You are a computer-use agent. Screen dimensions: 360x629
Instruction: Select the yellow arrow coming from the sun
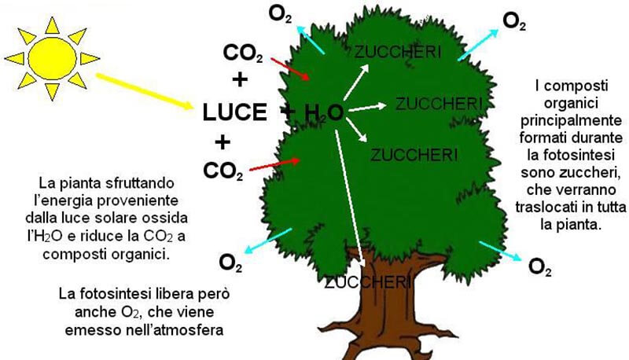(x=145, y=91)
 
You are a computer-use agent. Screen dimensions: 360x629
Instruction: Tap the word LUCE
(x=235, y=112)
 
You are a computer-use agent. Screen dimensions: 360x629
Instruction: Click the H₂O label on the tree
(x=323, y=112)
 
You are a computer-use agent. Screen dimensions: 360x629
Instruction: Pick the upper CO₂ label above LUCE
(x=243, y=53)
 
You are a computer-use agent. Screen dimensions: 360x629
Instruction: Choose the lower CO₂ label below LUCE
(x=223, y=170)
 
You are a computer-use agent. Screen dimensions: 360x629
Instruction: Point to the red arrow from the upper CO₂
(x=289, y=68)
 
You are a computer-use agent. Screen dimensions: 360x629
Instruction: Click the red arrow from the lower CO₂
(x=275, y=163)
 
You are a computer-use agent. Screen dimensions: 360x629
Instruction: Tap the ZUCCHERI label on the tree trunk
(x=367, y=281)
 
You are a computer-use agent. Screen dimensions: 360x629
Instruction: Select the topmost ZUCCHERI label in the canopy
(x=397, y=52)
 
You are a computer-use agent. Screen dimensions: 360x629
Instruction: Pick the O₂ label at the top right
(x=514, y=22)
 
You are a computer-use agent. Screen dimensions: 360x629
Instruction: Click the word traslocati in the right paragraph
(x=549, y=208)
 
